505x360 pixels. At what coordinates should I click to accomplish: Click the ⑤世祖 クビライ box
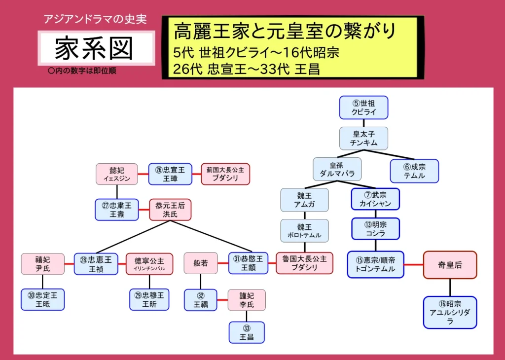363,108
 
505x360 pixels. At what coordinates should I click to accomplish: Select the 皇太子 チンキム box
363,138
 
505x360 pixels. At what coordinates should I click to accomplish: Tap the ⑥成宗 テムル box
414,171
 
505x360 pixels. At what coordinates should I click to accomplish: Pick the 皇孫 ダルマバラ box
337,169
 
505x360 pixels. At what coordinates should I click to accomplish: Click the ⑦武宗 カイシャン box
375,199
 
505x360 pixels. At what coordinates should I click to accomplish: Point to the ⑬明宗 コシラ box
375,229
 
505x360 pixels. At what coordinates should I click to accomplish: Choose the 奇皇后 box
450,265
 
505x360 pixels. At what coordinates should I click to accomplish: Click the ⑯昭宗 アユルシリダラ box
450,312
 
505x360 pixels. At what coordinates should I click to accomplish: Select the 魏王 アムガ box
304,199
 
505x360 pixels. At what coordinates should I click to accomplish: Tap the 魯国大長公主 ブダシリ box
304,263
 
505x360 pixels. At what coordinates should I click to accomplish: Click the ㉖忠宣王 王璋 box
170,174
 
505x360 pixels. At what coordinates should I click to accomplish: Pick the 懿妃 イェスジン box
117,174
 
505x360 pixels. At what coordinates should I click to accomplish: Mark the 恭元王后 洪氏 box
170,210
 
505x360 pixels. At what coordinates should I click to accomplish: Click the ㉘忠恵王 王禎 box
96,264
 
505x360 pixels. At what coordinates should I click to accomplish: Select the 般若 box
201,263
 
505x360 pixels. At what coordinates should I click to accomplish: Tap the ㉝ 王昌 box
247,332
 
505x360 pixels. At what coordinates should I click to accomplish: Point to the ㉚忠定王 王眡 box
42,300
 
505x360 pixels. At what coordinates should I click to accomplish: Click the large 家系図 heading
94,48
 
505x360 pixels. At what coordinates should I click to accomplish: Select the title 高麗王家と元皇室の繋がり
285,32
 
